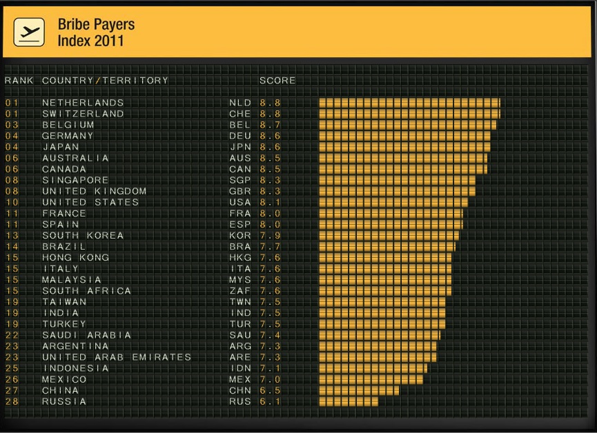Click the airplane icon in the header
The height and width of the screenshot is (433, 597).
click(x=29, y=32)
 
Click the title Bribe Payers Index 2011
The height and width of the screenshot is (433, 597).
click(x=96, y=32)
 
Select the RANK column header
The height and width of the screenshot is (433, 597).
click(x=19, y=81)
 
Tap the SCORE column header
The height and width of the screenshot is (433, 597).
click(x=277, y=81)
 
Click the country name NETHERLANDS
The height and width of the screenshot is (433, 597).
click(x=83, y=103)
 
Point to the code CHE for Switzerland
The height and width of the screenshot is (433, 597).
click(x=240, y=114)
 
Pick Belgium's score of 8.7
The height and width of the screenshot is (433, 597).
click(x=271, y=125)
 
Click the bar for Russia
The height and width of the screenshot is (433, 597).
click(x=349, y=401)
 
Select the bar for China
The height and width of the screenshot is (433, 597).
click(x=359, y=390)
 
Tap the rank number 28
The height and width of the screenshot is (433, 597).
click(x=12, y=401)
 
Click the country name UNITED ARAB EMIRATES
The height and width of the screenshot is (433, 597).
click(x=117, y=357)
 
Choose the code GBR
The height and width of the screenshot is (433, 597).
click(x=240, y=191)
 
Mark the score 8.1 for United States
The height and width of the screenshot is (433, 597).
click(x=271, y=202)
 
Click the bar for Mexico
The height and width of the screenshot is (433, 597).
click(x=371, y=379)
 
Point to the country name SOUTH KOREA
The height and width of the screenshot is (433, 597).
click(x=83, y=236)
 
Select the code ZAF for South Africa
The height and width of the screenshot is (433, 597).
click(x=240, y=291)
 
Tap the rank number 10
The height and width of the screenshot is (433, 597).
click(x=12, y=202)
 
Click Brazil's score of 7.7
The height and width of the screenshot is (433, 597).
click(x=271, y=247)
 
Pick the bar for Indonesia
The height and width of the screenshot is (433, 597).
click(x=373, y=368)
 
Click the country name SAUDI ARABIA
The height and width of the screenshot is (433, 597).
click(x=87, y=335)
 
